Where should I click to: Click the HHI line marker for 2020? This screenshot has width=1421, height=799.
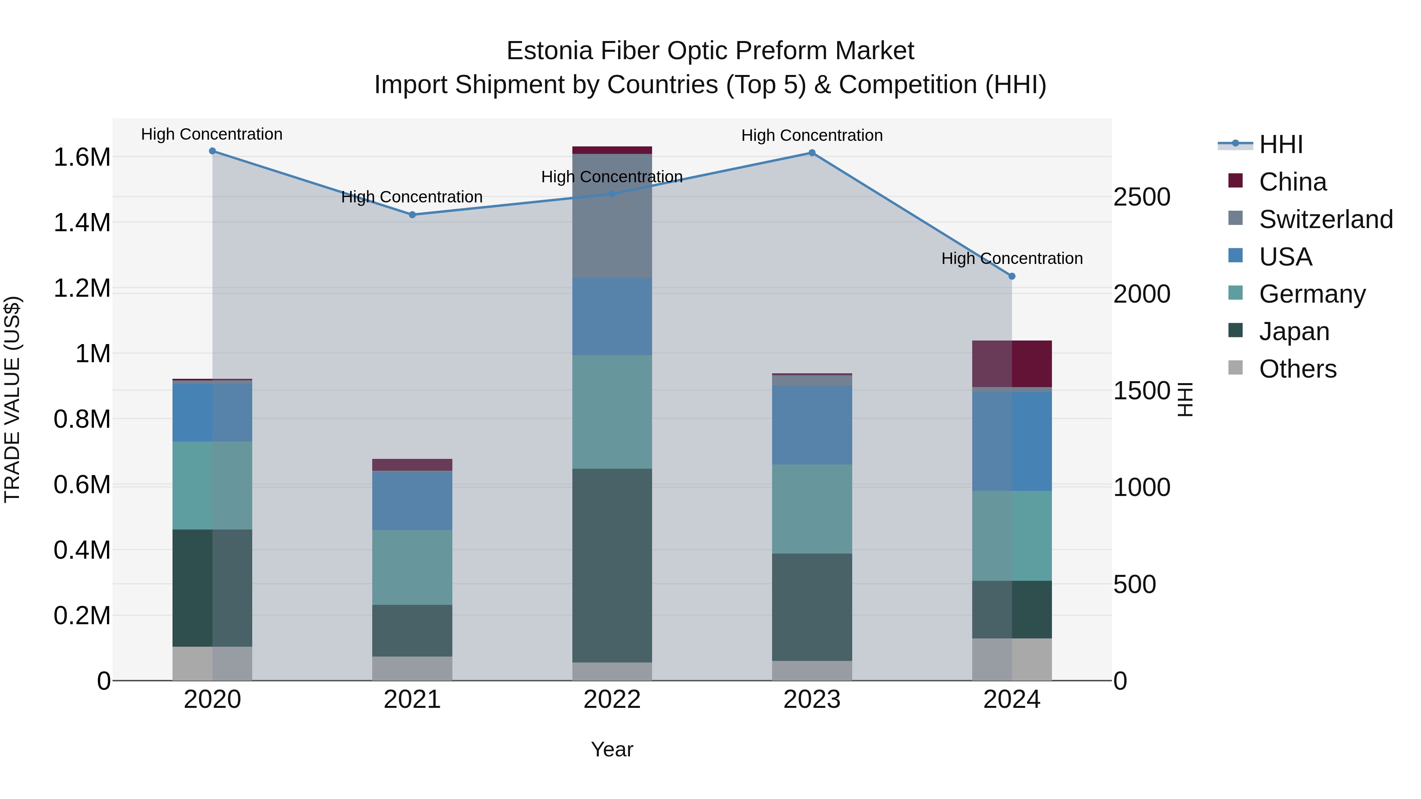pyautogui.click(x=212, y=151)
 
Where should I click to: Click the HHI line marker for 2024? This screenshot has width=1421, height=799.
pyautogui.click(x=1012, y=276)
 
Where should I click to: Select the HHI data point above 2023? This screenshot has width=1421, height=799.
pyautogui.click(x=812, y=153)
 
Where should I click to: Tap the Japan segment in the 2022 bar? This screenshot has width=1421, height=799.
pyautogui.click(x=612, y=565)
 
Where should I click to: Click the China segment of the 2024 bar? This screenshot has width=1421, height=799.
pyautogui.click(x=1012, y=364)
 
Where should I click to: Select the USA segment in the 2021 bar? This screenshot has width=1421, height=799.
pyautogui.click(x=412, y=501)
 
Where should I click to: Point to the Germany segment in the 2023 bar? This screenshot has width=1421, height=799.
pyautogui.click(x=812, y=509)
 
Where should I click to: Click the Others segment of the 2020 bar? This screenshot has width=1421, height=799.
pyautogui.click(x=212, y=663)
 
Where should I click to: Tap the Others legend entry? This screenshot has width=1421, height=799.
pyautogui.click(x=1297, y=369)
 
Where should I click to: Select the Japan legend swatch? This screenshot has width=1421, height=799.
pyautogui.click(x=1235, y=331)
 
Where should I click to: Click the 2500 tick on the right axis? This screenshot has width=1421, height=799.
pyautogui.click(x=1141, y=197)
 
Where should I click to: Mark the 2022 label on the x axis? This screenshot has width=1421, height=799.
pyautogui.click(x=612, y=700)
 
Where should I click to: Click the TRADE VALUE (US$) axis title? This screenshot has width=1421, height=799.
pyautogui.click(x=12, y=399)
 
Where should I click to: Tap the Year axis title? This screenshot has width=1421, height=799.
pyautogui.click(x=612, y=749)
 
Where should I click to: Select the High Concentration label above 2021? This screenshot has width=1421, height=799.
pyautogui.click(x=412, y=197)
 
